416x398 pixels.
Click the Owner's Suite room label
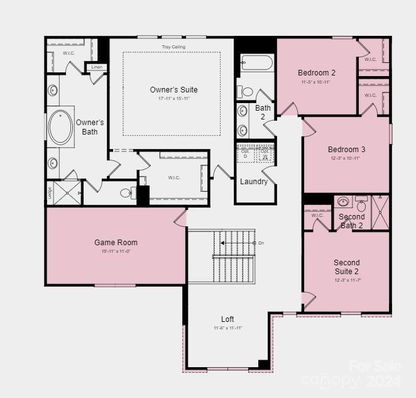173,90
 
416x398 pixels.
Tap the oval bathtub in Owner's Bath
61,127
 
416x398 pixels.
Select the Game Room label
116,243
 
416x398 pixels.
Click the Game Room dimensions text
116,252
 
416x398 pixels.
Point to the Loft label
227,319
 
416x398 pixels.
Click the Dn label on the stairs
261,243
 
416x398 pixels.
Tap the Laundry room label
254,182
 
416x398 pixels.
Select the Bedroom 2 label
317,73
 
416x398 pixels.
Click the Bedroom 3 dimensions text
346,158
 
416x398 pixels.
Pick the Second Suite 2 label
347,267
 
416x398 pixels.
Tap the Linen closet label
96,67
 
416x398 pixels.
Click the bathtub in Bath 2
256,63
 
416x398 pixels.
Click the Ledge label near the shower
50,192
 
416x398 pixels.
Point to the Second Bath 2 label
351,221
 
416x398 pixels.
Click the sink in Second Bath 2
342,202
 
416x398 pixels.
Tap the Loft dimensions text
227,328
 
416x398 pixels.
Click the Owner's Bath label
90,127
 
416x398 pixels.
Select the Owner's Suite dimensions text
173,99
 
